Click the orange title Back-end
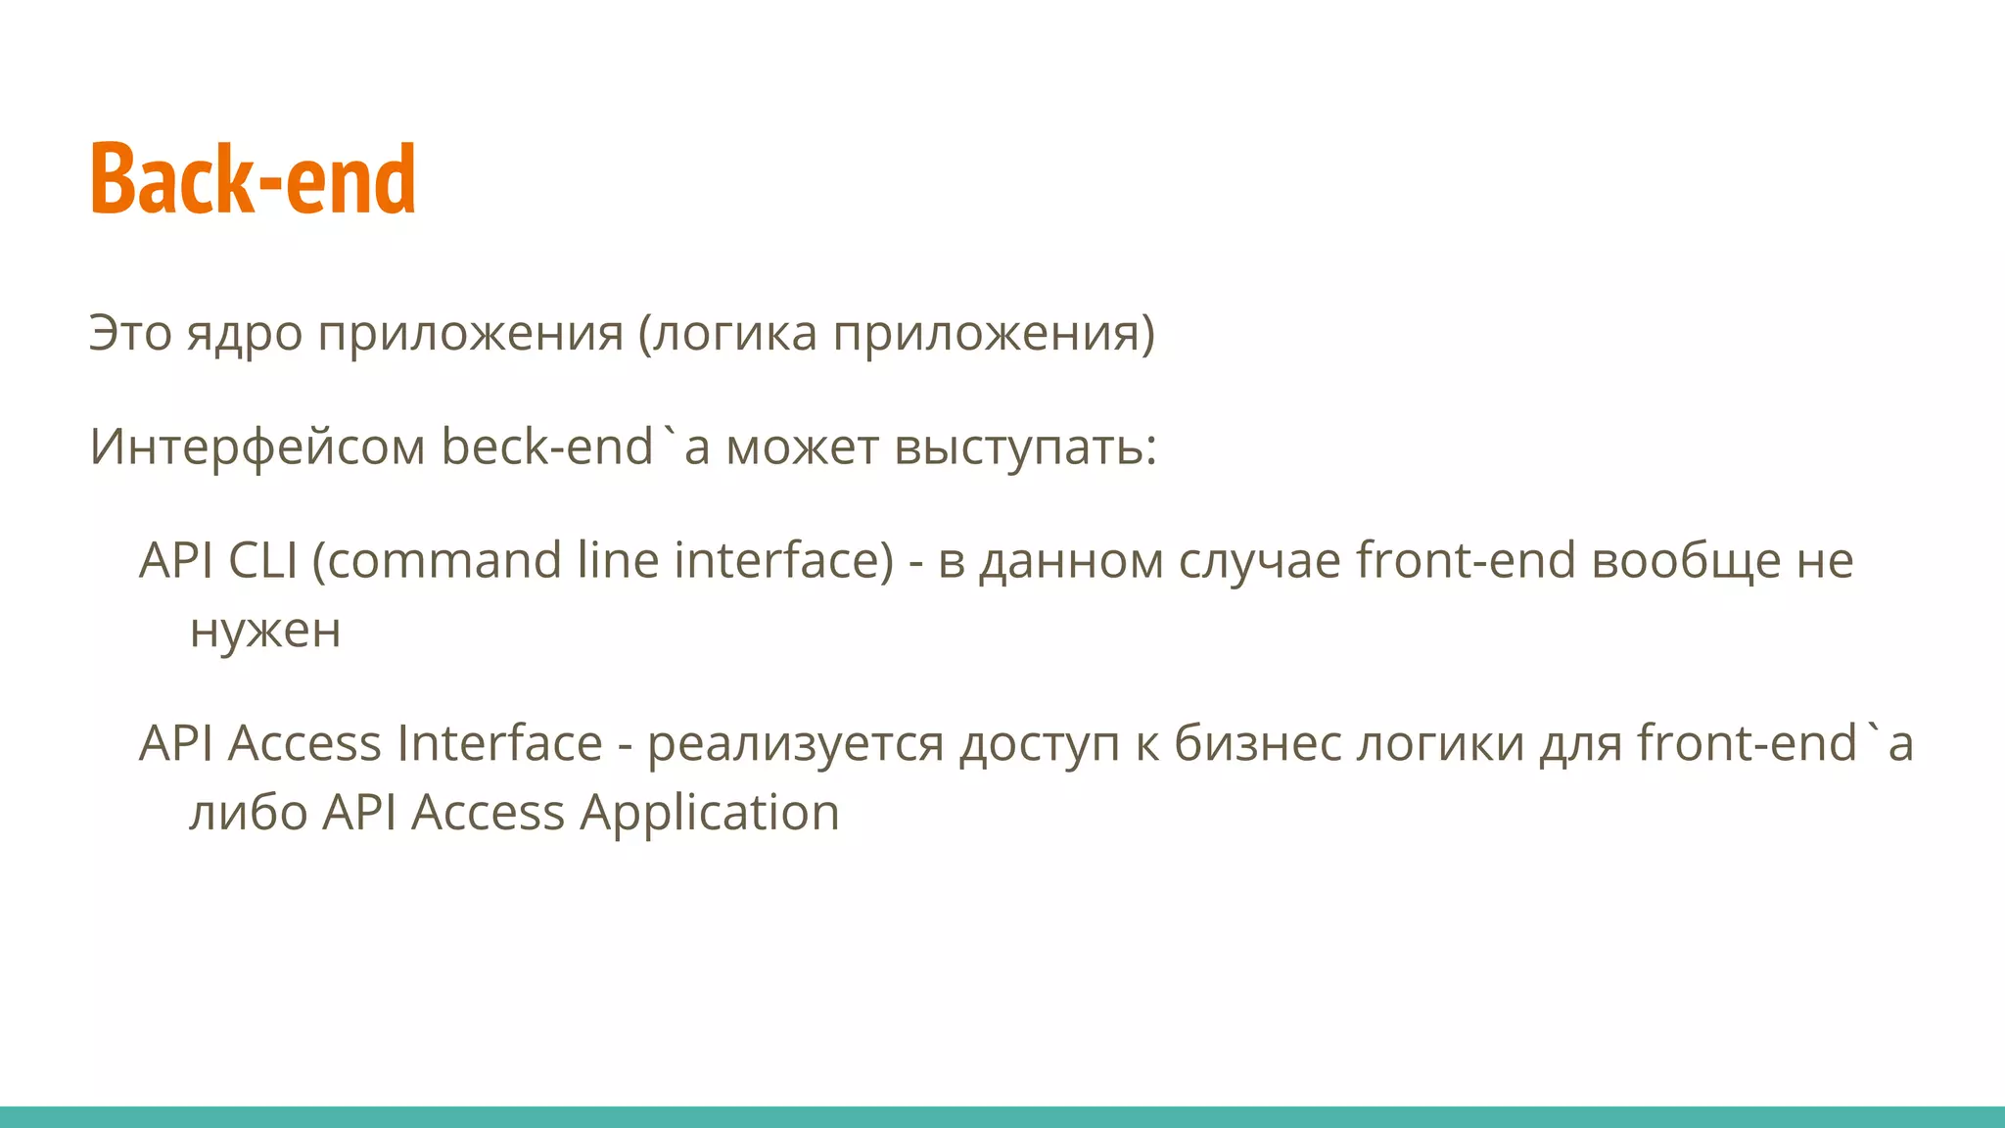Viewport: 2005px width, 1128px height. (253, 178)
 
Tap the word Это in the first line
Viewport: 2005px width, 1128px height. (130, 333)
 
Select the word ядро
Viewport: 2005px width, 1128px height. (245, 335)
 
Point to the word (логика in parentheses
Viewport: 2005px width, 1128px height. (727, 335)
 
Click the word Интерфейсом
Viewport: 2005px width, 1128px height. (257, 447)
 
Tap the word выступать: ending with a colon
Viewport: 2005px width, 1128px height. (1025, 448)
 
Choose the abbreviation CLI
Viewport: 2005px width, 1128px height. (262, 561)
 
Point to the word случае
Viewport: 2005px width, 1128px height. (1259, 562)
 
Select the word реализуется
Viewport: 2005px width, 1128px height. (795, 744)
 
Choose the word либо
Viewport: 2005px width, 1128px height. (249, 814)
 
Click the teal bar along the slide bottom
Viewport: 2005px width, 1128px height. (1002, 1117)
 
